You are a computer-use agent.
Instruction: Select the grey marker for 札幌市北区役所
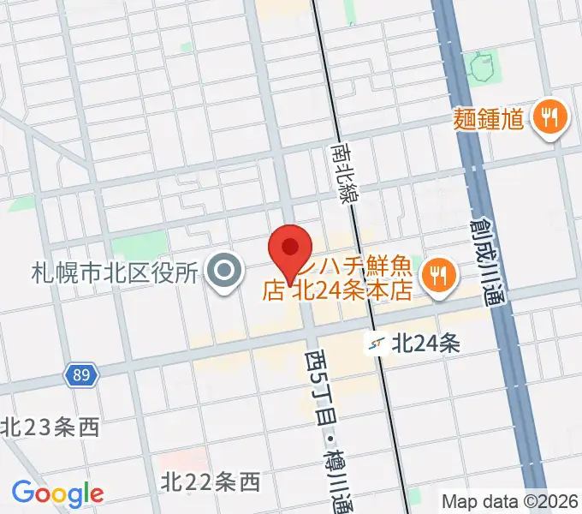[225, 273]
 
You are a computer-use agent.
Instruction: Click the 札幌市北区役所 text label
[116, 273]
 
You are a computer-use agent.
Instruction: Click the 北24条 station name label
[426, 344]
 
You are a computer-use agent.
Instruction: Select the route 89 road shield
[83, 374]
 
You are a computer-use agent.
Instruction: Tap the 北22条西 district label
[210, 483]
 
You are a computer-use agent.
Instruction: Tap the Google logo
[57, 493]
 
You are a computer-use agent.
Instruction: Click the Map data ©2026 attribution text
[511, 500]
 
